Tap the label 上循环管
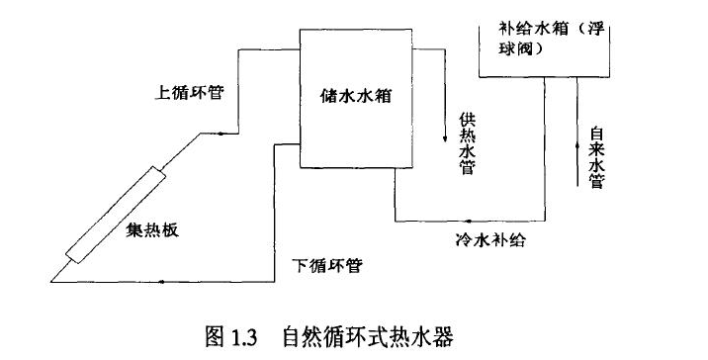(x=191, y=95)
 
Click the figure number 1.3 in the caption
(x=244, y=335)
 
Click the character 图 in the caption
(x=215, y=335)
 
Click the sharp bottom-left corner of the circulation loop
(x=49, y=281)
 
